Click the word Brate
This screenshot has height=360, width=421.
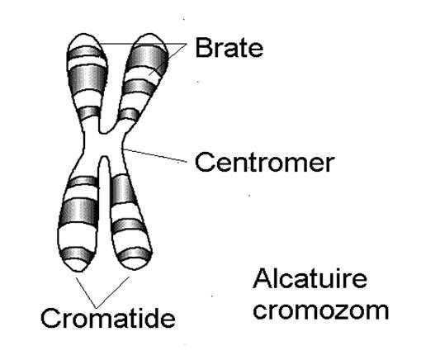click(229, 48)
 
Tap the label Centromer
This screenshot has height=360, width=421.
click(265, 163)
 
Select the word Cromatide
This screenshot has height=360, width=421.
click(108, 318)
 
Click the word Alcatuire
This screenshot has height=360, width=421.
click(310, 279)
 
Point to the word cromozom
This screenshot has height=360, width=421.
click(321, 311)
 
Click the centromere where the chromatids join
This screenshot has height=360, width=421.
click(103, 144)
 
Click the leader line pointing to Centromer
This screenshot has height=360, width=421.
click(154, 155)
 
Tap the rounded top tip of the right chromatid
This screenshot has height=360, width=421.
click(150, 34)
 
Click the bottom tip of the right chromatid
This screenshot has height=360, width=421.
click(134, 269)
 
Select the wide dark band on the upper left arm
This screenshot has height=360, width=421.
click(87, 79)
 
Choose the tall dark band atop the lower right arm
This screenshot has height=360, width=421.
click(123, 189)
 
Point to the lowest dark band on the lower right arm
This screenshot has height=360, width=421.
click(135, 254)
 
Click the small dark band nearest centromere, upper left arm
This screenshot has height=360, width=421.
click(89, 112)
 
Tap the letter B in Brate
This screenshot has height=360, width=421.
click(202, 48)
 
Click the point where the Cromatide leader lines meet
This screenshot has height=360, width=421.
click(96, 308)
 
